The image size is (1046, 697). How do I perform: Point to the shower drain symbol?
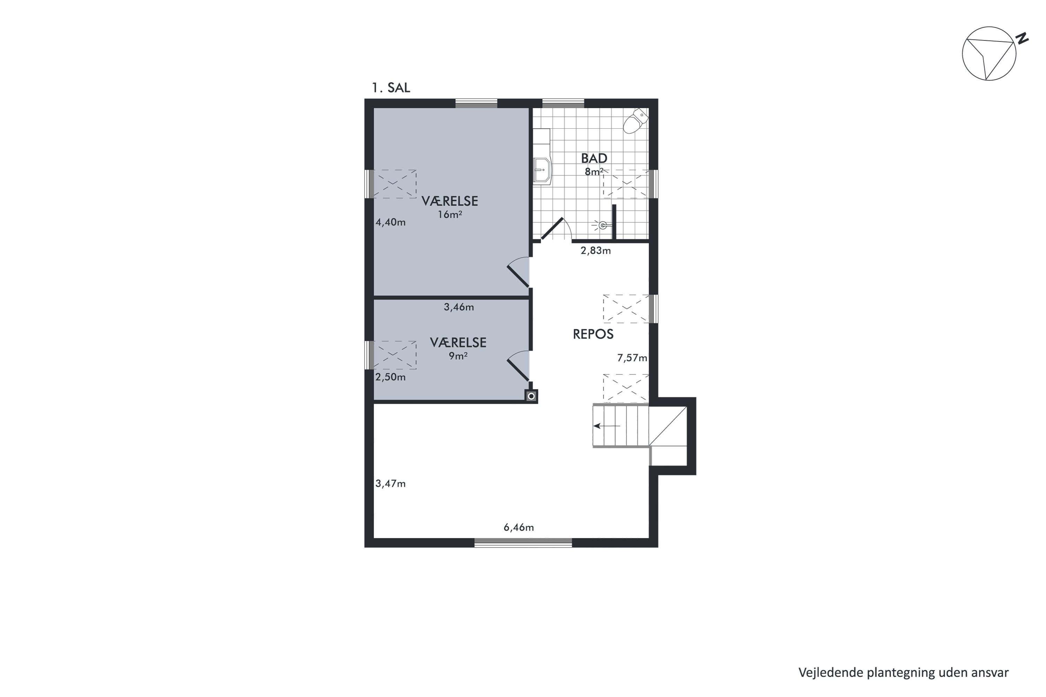602,225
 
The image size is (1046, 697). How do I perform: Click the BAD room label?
594,158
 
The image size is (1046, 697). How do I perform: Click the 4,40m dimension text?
391,222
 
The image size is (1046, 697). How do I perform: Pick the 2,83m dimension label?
596,251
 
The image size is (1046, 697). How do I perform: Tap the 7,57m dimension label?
632,358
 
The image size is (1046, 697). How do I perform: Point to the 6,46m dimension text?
518,528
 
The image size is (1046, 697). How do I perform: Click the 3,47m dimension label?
391,484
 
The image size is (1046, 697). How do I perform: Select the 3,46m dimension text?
458,307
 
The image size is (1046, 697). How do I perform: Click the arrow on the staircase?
607,426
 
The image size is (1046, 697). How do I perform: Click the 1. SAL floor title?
391,87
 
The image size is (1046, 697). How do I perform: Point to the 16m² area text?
450,215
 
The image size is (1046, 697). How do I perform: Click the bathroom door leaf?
552,229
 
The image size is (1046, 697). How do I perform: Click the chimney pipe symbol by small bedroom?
531,396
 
